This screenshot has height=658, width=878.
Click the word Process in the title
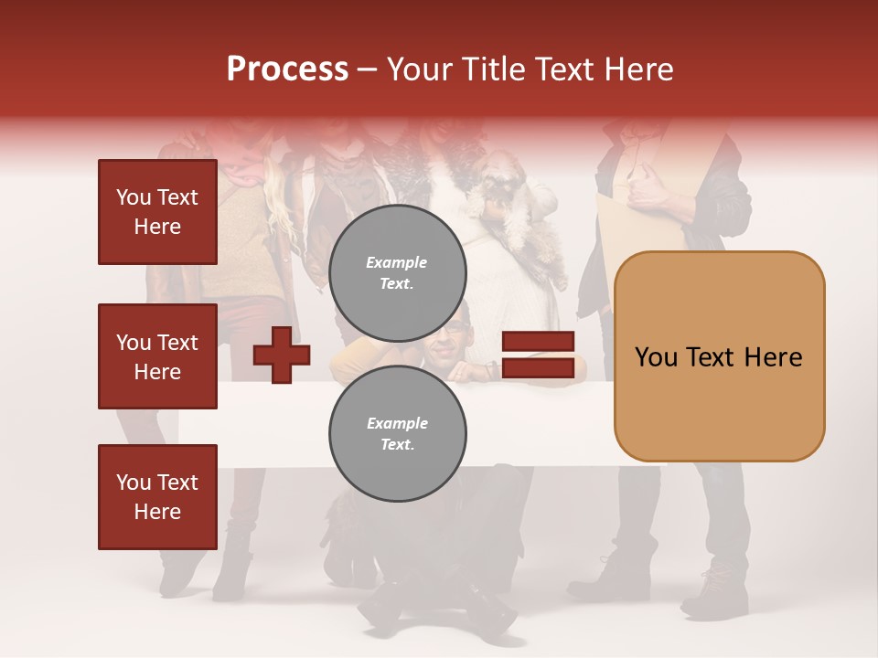click(x=287, y=69)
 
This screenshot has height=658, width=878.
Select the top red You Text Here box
click(x=157, y=212)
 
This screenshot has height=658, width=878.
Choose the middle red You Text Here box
click(x=157, y=356)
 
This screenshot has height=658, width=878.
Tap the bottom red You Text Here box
click(x=157, y=497)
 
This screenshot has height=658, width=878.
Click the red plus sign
click(x=282, y=355)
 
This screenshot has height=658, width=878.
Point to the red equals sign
click(x=539, y=355)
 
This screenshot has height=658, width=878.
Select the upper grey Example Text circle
click(x=397, y=273)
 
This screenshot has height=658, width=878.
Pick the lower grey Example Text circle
click(x=397, y=434)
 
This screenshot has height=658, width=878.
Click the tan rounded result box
click(x=719, y=356)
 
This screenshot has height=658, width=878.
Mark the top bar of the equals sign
click(x=539, y=342)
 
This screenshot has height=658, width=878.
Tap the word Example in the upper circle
click(x=397, y=262)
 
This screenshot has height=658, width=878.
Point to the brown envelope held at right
click(x=640, y=219)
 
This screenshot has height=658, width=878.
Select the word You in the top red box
click(x=134, y=197)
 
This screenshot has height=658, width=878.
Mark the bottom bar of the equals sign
click(x=539, y=368)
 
